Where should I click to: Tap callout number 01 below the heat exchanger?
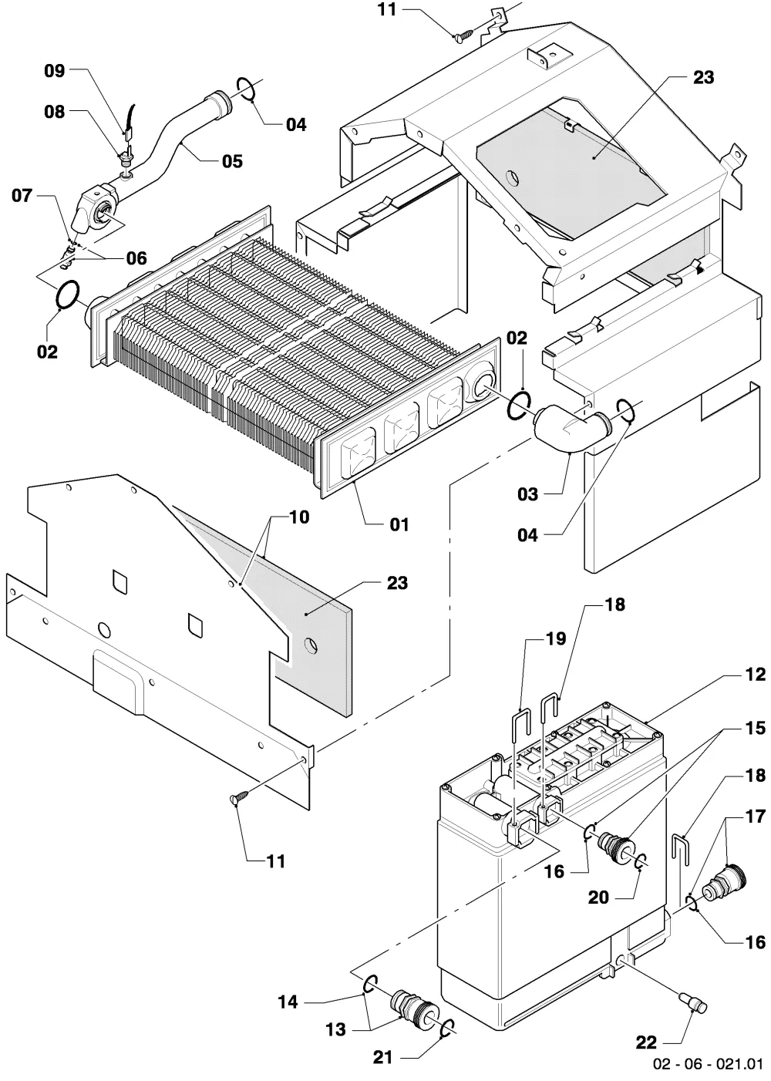click(x=399, y=524)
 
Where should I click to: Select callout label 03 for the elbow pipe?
click(x=527, y=494)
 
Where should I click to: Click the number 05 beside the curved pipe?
click(x=232, y=161)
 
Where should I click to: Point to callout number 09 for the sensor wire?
click(x=54, y=71)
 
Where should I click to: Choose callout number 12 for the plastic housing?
click(x=755, y=674)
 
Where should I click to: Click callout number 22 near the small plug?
click(x=646, y=1043)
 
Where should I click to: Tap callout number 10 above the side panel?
click(x=299, y=517)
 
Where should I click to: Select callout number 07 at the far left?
click(x=22, y=195)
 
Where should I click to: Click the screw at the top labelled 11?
click(x=464, y=35)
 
